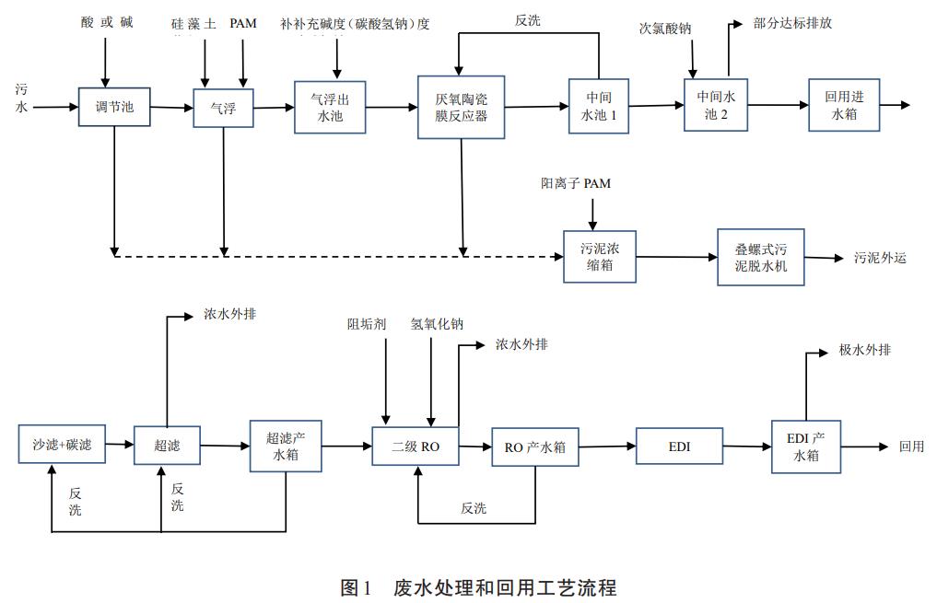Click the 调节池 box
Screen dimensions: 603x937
[x=114, y=107]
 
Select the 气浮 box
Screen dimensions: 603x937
[x=223, y=108]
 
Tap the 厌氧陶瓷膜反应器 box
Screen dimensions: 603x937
[x=461, y=107]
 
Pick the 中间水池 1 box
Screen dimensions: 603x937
[x=599, y=106]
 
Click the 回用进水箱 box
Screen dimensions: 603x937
[x=844, y=105]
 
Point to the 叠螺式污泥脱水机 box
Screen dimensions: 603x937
[x=761, y=257]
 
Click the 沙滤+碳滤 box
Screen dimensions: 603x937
[x=62, y=445]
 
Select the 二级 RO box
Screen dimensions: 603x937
[x=416, y=447]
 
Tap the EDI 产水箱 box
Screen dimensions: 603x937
[x=806, y=446]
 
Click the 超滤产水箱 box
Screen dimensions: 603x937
[x=286, y=446]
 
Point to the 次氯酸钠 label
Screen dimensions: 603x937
[x=665, y=29]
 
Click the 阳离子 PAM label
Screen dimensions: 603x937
[x=575, y=184]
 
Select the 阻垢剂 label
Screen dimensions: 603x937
[x=366, y=324]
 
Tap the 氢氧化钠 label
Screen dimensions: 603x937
[x=437, y=324]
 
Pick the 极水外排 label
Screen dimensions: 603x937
[x=864, y=351]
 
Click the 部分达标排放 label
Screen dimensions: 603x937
[x=792, y=23]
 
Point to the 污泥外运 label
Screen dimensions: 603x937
[x=880, y=258]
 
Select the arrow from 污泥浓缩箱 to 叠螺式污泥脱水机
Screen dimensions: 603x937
[x=676, y=257]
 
